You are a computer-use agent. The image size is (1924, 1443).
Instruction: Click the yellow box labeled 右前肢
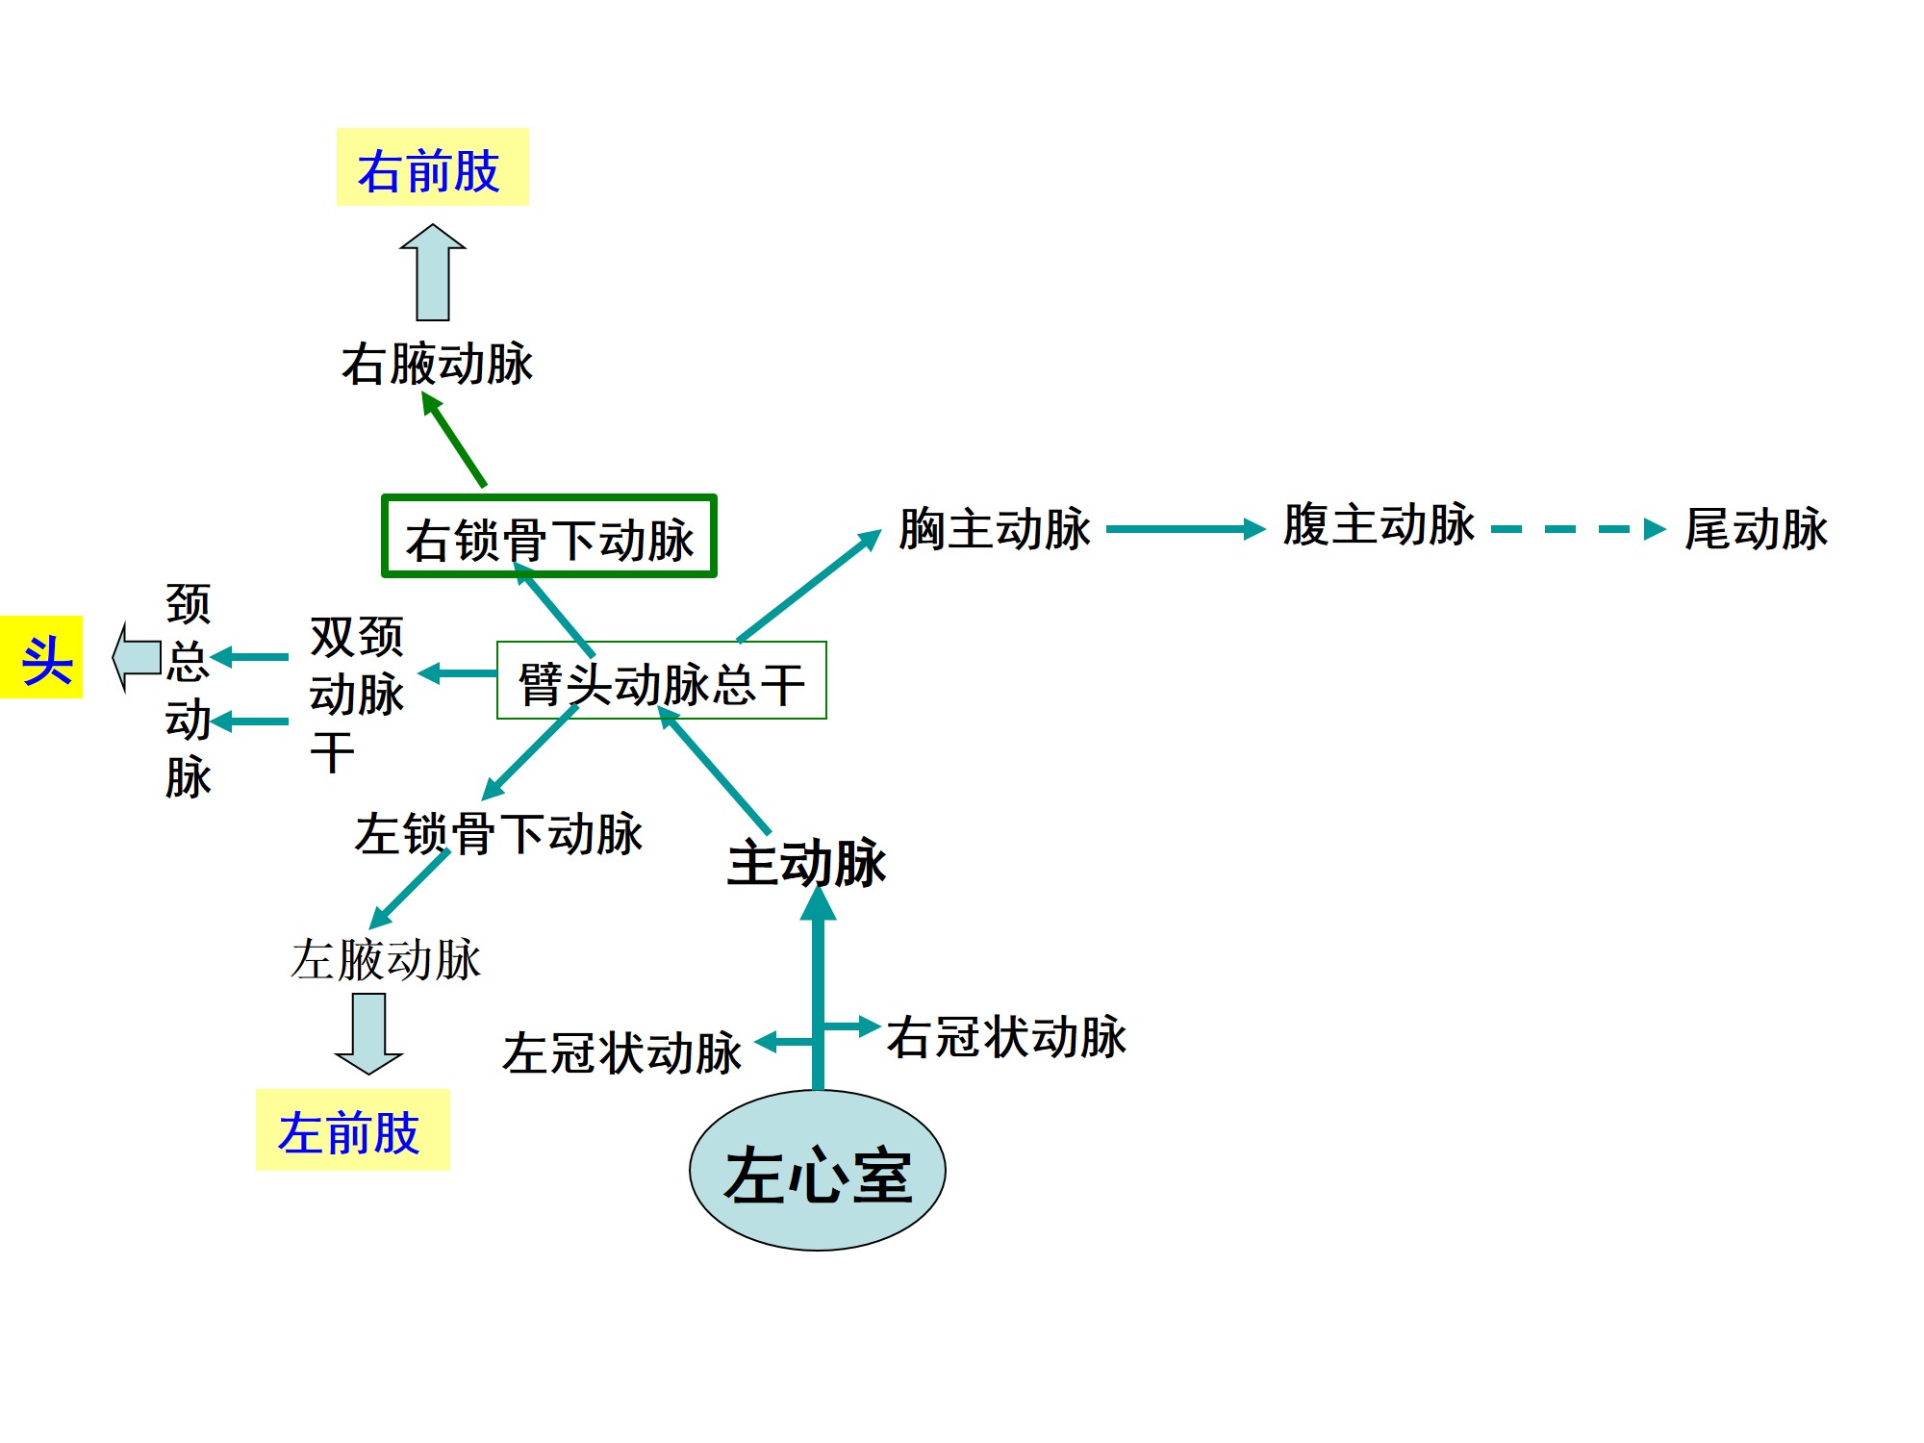click(x=432, y=167)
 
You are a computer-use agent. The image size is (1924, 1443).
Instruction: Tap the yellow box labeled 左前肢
click(x=352, y=1130)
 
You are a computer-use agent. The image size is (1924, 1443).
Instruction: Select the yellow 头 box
click(x=42, y=658)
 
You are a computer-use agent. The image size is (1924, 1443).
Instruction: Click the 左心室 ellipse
click(x=818, y=1171)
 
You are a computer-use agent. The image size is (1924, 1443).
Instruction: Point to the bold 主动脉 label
click(x=806, y=861)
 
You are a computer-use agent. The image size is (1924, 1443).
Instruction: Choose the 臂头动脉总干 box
click(x=661, y=681)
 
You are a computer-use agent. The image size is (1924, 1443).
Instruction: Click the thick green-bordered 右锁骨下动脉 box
click(x=549, y=537)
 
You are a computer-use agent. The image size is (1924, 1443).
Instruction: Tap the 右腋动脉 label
click(x=437, y=364)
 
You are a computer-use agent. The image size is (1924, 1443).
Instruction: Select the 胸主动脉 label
click(x=995, y=528)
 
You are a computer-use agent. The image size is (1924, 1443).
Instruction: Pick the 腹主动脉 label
click(x=1379, y=525)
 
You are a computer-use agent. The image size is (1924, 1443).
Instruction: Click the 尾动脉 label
click(x=1756, y=528)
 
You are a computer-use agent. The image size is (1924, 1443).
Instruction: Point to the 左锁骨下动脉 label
click(x=498, y=833)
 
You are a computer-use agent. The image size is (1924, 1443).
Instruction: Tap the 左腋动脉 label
click(x=386, y=959)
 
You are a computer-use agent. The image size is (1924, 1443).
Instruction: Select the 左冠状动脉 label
click(x=621, y=1051)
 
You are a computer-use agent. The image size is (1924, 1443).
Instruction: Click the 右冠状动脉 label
click(x=1006, y=1036)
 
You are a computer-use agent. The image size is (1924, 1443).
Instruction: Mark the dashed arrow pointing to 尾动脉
click(x=1578, y=529)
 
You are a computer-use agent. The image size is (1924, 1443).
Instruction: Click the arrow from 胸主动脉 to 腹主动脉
click(x=1185, y=528)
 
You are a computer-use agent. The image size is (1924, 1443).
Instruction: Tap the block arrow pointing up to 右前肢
click(x=433, y=272)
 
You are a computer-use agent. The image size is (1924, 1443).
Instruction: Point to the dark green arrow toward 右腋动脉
click(x=454, y=440)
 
